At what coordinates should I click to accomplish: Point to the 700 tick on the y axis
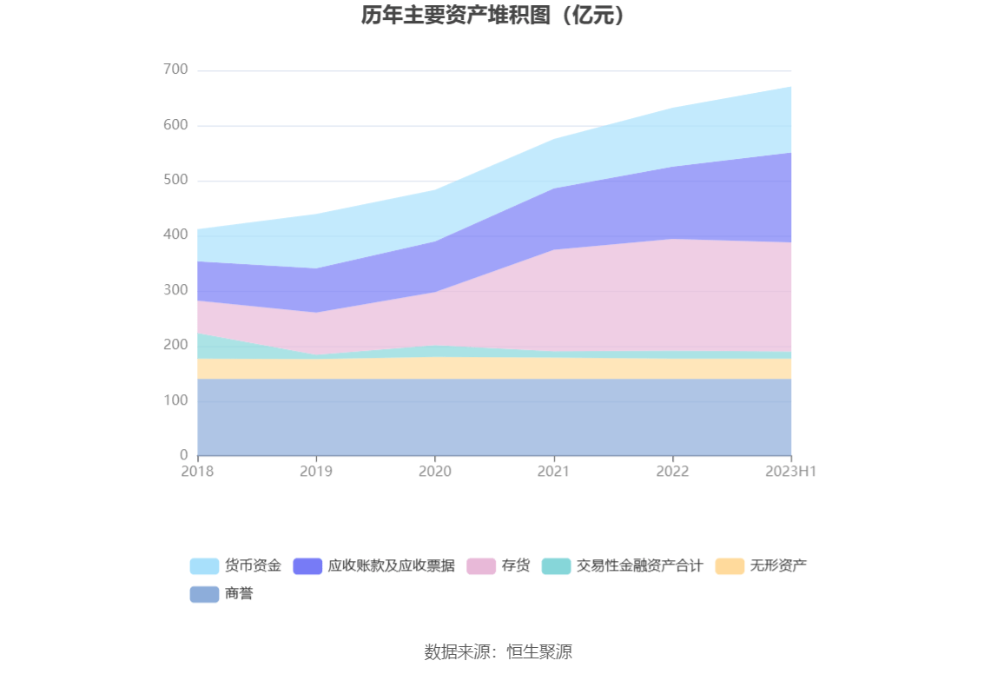click(175, 69)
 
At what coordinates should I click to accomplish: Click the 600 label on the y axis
click(175, 125)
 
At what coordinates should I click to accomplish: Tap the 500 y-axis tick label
click(175, 180)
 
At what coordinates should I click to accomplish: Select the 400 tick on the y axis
click(175, 235)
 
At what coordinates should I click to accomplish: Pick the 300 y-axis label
click(175, 289)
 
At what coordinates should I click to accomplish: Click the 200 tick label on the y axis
click(175, 345)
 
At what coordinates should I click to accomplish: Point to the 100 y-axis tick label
click(175, 400)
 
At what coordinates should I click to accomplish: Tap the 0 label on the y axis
click(183, 454)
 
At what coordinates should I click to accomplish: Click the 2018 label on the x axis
click(197, 472)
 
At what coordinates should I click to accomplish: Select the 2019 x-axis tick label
click(316, 472)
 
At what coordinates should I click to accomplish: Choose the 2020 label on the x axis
click(434, 472)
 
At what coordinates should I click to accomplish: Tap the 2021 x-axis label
click(553, 472)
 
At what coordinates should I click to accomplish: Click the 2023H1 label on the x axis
click(791, 472)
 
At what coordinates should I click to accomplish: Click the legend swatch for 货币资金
click(204, 566)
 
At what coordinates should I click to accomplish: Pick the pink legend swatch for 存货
click(480, 566)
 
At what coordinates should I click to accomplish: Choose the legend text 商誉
click(239, 594)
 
